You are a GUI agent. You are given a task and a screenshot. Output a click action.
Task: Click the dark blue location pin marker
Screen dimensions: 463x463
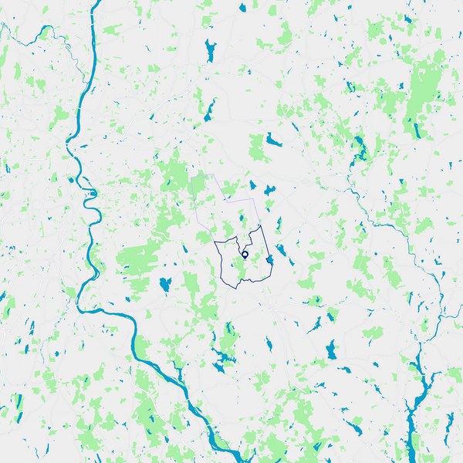(x=245, y=254)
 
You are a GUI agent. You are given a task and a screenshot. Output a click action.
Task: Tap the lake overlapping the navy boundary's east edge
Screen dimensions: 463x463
(x=269, y=262)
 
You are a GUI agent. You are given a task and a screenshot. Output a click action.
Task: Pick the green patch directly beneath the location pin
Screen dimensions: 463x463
(x=245, y=268)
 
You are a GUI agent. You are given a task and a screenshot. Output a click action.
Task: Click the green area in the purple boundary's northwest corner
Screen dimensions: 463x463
(x=199, y=186)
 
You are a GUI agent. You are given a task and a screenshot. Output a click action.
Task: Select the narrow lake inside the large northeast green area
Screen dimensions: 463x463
(x=417, y=127)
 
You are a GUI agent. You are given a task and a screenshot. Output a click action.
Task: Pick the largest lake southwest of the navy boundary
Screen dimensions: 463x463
(x=164, y=285)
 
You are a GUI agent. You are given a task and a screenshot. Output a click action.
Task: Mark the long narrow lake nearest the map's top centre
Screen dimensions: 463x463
(x=209, y=51)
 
